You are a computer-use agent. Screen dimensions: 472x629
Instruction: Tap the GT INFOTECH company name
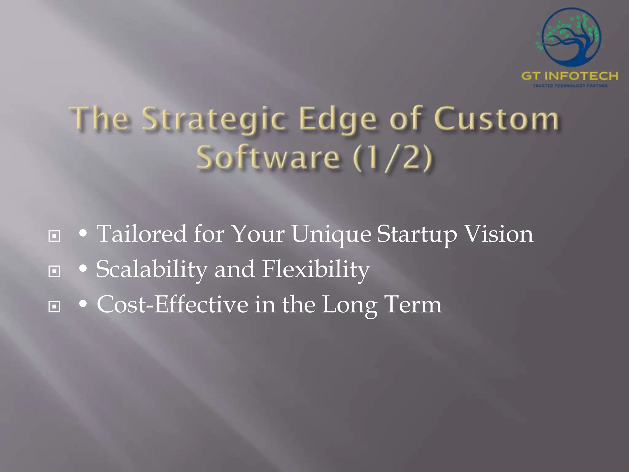570,76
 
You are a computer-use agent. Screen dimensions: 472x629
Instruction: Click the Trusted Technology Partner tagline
570,86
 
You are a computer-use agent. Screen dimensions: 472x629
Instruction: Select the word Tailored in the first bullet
142,234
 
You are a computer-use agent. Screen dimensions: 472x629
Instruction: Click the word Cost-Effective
172,305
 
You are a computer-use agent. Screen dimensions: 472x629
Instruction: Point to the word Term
413,305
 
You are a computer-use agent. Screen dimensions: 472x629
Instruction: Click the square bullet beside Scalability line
54,271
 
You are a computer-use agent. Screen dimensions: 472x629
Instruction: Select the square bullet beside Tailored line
54,236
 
